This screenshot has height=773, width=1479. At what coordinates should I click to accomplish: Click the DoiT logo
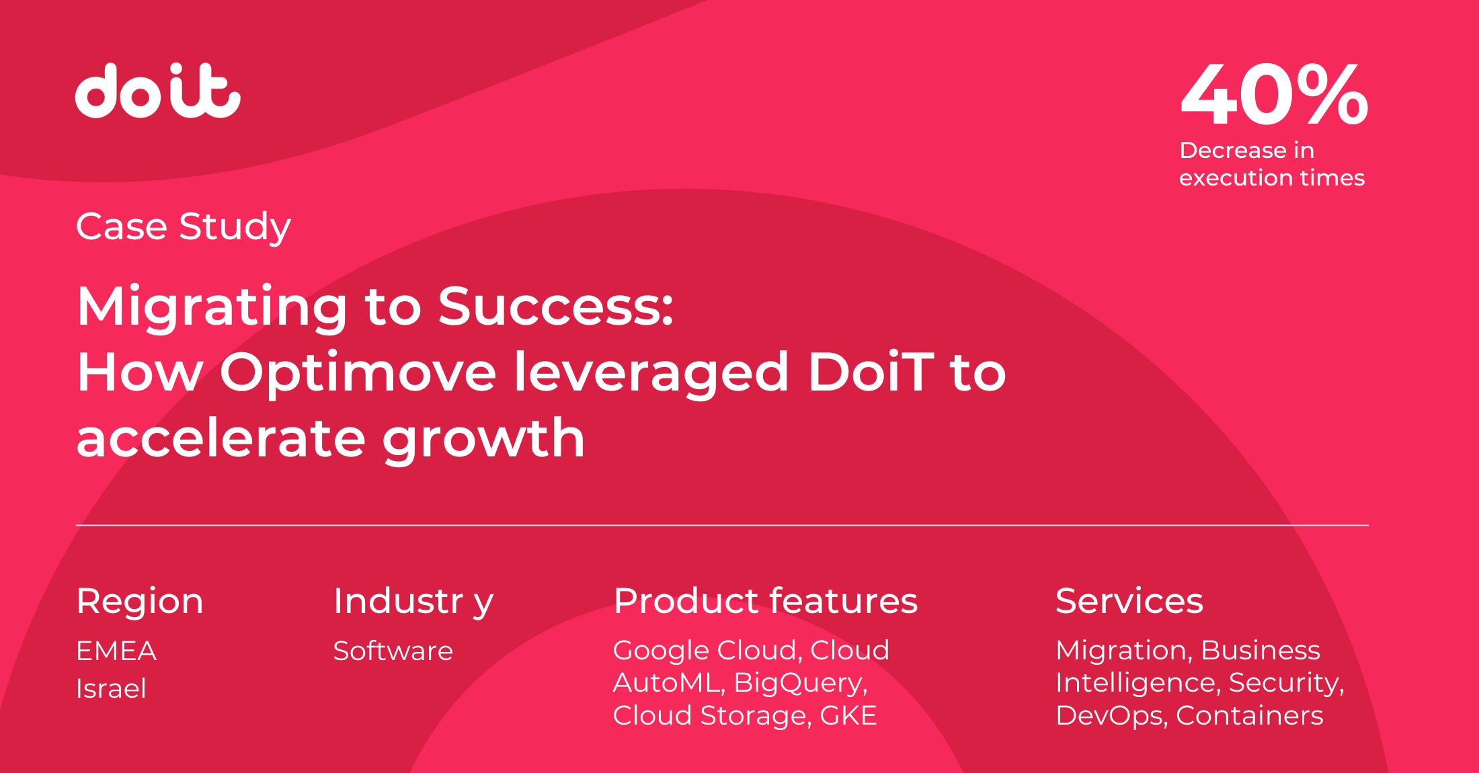point(158,91)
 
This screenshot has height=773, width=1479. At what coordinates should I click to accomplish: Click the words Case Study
point(184,227)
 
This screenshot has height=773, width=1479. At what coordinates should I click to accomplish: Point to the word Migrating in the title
point(212,307)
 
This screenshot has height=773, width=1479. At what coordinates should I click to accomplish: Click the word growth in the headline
point(484,438)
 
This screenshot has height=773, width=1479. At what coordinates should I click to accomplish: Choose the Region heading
point(140,601)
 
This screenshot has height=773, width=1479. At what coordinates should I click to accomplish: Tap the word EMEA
point(116,651)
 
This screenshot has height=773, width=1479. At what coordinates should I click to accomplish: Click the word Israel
point(111,688)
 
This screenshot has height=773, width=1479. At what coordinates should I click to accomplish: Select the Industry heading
point(413,601)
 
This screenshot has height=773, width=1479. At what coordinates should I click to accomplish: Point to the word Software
point(393,651)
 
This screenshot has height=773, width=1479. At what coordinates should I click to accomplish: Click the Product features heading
point(766,600)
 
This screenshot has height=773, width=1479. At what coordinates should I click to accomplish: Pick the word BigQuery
point(800,683)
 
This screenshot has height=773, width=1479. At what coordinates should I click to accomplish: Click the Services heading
point(1129,600)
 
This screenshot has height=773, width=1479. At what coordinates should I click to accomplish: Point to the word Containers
point(1250,715)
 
